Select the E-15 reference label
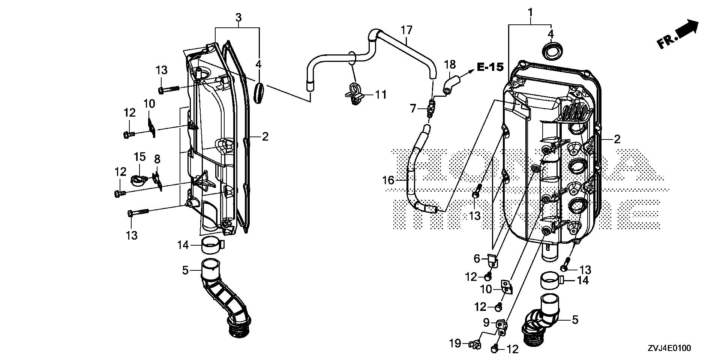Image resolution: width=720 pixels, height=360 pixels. point(490,67)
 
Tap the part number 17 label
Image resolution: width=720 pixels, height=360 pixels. point(406,30)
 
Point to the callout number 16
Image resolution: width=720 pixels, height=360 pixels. point(388,181)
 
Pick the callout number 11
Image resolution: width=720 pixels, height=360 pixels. point(381,94)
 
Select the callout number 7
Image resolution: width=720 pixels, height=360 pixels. point(413,109)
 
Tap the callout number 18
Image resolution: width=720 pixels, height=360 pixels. point(450,64)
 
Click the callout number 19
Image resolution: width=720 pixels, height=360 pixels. point(455,343)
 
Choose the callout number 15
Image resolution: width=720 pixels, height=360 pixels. point(139,157)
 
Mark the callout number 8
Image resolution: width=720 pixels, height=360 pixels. point(157,159)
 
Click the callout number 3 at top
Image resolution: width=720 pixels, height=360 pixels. point(238,17)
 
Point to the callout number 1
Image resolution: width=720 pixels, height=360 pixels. point(530,13)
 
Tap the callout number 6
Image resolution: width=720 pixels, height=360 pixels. point(477,258)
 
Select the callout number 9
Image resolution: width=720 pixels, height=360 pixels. point(486,322)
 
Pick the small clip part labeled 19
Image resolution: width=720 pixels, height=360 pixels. point(475,344)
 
